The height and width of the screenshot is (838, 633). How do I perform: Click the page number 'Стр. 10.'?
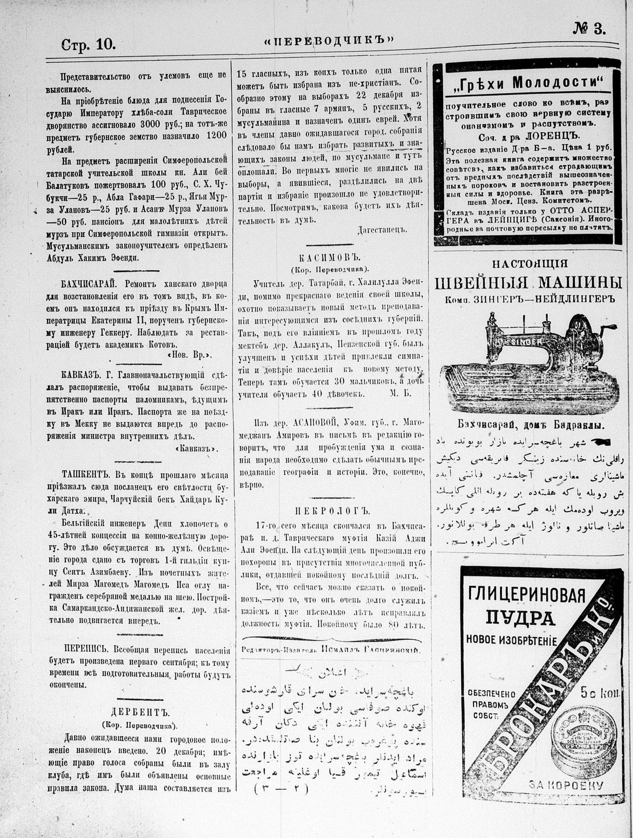tap(88, 45)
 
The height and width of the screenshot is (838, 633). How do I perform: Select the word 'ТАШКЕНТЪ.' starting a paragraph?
tap(87, 474)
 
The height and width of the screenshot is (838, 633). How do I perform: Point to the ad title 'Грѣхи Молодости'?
tap(527, 82)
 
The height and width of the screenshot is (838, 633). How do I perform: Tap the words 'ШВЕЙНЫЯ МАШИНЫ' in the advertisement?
tap(528, 283)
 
